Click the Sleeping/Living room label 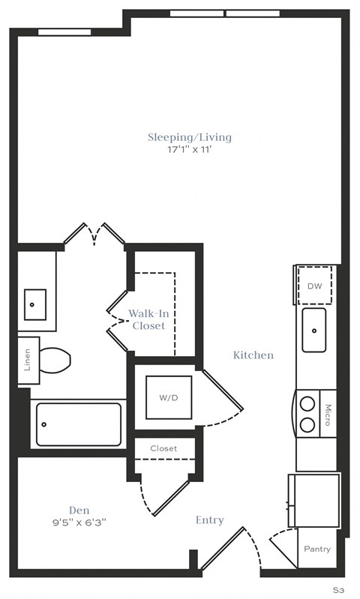point(189,137)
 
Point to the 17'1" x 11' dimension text point(189,150)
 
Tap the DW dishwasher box point(314,286)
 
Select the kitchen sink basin point(314,330)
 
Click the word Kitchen point(253,355)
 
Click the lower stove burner point(307,424)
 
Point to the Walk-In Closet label point(148,319)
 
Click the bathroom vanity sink point(35,304)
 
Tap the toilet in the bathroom point(54,361)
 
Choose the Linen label point(28,361)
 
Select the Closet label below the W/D point(163,448)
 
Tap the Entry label point(209,520)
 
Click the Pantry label point(317,549)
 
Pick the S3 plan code point(338,590)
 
